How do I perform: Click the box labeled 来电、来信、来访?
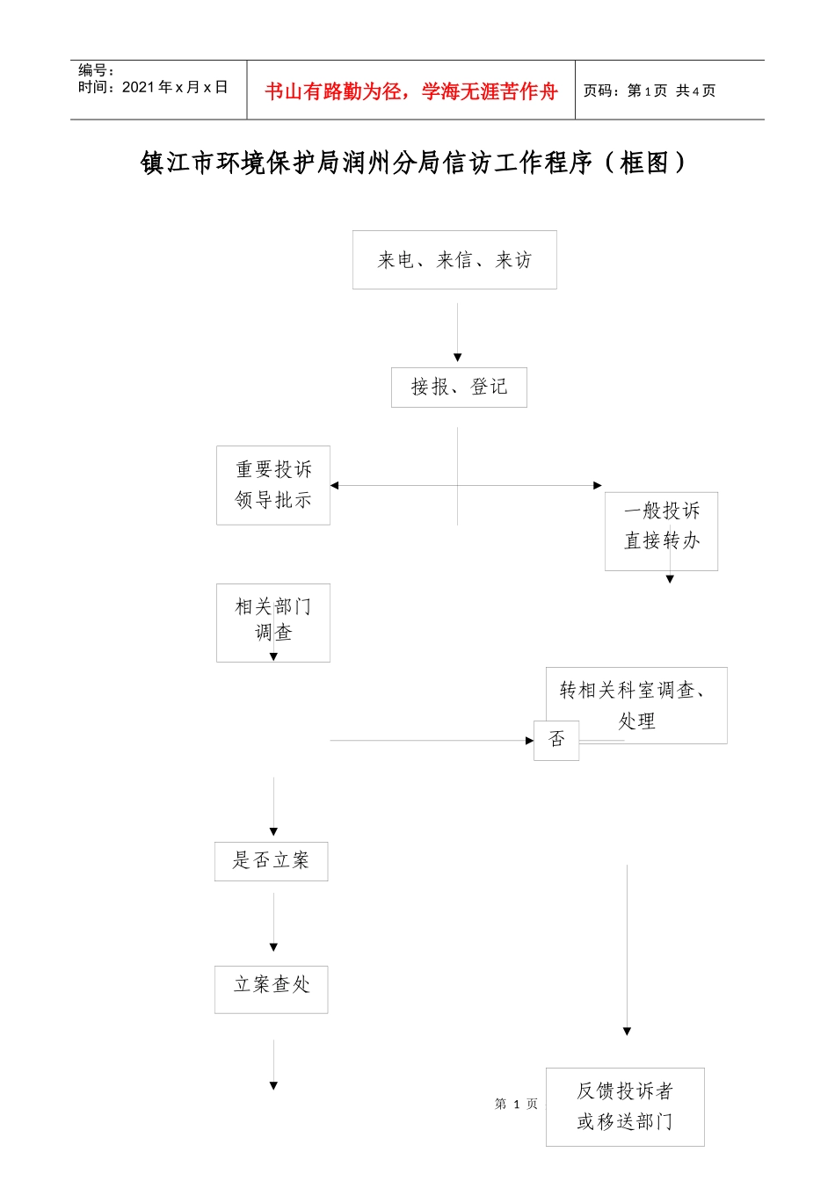coord(454,260)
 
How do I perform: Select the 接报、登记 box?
coord(459,388)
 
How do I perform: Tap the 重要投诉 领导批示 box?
coord(273,485)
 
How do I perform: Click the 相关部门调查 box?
coord(273,621)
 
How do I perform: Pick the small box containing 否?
coord(556,740)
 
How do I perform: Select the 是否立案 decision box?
coord(271,861)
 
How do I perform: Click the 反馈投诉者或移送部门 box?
coord(625,1106)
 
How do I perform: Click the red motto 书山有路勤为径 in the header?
coord(411,91)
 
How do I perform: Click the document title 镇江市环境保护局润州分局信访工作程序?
coord(413,163)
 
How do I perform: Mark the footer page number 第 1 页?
coord(516,1104)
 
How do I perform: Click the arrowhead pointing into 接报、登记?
coord(457,358)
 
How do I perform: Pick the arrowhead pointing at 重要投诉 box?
coord(335,485)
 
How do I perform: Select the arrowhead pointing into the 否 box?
coord(529,741)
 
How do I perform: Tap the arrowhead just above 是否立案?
coord(273,831)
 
